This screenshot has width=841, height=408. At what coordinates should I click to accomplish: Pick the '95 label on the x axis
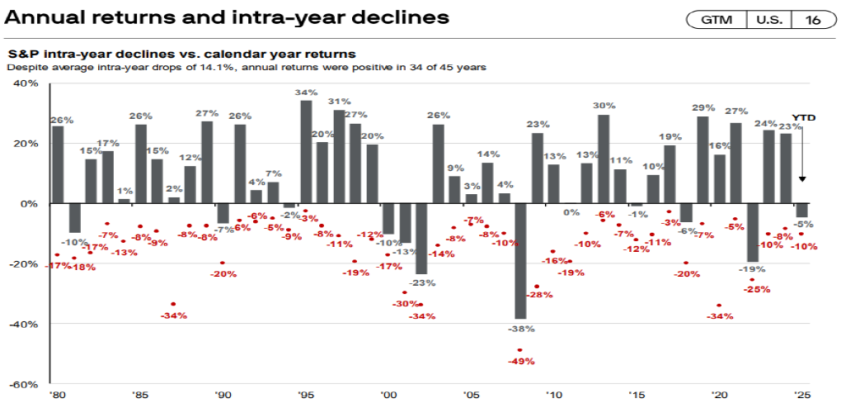[x=305, y=396]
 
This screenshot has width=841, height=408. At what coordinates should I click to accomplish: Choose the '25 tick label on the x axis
[x=801, y=396]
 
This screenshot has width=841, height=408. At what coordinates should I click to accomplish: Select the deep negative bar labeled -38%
[x=520, y=260]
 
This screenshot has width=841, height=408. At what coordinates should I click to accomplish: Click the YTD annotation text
[x=803, y=118]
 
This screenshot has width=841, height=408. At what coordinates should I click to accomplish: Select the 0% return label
[x=571, y=212]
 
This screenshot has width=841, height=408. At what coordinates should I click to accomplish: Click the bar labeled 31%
[x=339, y=156]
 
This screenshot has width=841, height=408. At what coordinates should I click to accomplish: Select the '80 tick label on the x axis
[x=58, y=396]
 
